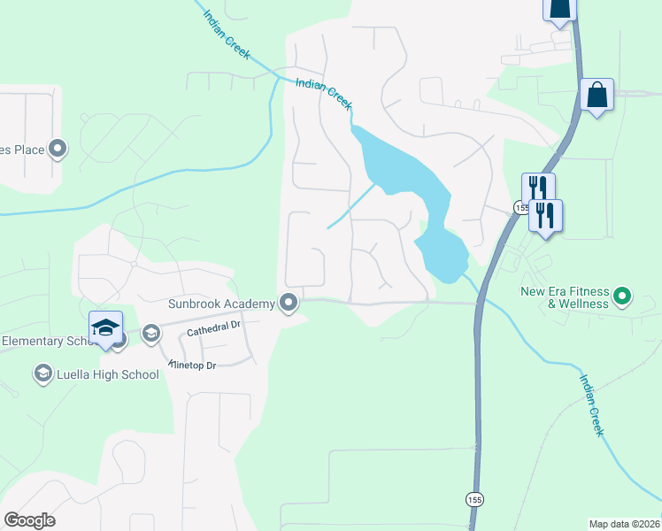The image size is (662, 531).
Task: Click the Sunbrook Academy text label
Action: point(221,304)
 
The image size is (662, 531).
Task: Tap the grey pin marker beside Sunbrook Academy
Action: point(289,304)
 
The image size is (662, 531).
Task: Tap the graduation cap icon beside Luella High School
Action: point(42,374)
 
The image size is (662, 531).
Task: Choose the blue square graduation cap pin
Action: point(105,328)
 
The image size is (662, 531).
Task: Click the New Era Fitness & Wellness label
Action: point(565,297)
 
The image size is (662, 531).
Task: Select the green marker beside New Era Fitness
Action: point(622,296)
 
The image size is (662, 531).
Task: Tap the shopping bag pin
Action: point(597,95)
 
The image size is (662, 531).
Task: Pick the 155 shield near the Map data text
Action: point(476,498)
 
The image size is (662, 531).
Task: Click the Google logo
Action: point(29,520)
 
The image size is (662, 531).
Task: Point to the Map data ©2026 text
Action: point(623,524)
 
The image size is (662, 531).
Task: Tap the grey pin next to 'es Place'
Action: point(58,149)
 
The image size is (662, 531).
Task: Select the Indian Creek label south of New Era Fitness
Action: point(591,404)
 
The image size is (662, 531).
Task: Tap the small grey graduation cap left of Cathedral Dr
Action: point(150,334)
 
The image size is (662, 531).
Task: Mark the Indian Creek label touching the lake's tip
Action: point(324,92)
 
